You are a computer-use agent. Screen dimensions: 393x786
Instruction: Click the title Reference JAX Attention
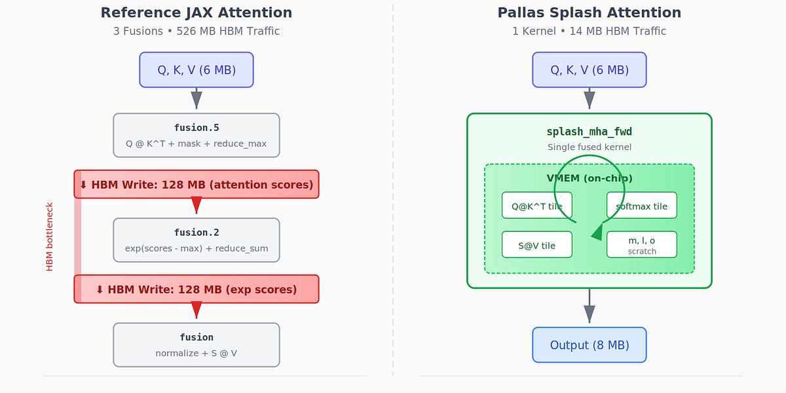click(196, 13)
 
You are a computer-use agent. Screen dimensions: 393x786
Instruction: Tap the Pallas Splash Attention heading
click(589, 13)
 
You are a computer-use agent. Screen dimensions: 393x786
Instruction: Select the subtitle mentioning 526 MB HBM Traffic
click(196, 31)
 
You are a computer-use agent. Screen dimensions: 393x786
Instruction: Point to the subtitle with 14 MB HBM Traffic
click(589, 31)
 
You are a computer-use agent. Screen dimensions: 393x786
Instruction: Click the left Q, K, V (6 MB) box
click(196, 70)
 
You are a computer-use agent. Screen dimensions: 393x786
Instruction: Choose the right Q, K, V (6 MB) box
click(589, 70)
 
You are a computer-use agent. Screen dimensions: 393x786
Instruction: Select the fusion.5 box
click(196, 136)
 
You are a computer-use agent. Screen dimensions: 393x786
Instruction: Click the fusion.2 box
click(196, 240)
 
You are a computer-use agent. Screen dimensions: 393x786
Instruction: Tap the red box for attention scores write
click(196, 185)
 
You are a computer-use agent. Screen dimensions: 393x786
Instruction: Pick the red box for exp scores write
click(196, 290)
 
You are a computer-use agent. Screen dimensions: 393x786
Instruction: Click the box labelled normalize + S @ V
click(196, 345)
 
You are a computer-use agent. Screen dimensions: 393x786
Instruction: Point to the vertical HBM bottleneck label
click(50, 236)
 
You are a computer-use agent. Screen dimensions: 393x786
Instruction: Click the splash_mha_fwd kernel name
click(589, 132)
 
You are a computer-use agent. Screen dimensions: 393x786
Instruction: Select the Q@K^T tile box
click(536, 206)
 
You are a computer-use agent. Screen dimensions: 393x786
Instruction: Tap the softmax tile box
click(641, 206)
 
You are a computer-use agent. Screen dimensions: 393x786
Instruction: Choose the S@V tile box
click(536, 245)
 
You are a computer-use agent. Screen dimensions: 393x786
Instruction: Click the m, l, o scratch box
click(641, 245)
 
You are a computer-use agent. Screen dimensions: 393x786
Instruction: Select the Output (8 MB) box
click(589, 345)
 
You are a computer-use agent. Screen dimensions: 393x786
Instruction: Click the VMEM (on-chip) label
click(589, 178)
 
